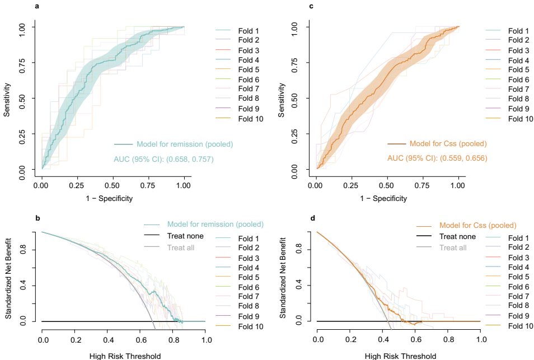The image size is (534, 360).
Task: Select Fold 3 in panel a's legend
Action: [x=248, y=50]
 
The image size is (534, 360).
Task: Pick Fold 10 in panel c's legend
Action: [x=521, y=119]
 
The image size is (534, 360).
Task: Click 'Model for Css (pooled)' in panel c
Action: [x=448, y=143]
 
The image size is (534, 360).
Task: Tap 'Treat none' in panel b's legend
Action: [x=185, y=236]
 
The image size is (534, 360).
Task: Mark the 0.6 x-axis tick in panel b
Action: [x=140, y=340]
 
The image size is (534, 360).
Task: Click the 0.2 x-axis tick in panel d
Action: [x=350, y=340]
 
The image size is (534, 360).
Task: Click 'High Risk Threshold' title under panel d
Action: [x=400, y=356]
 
